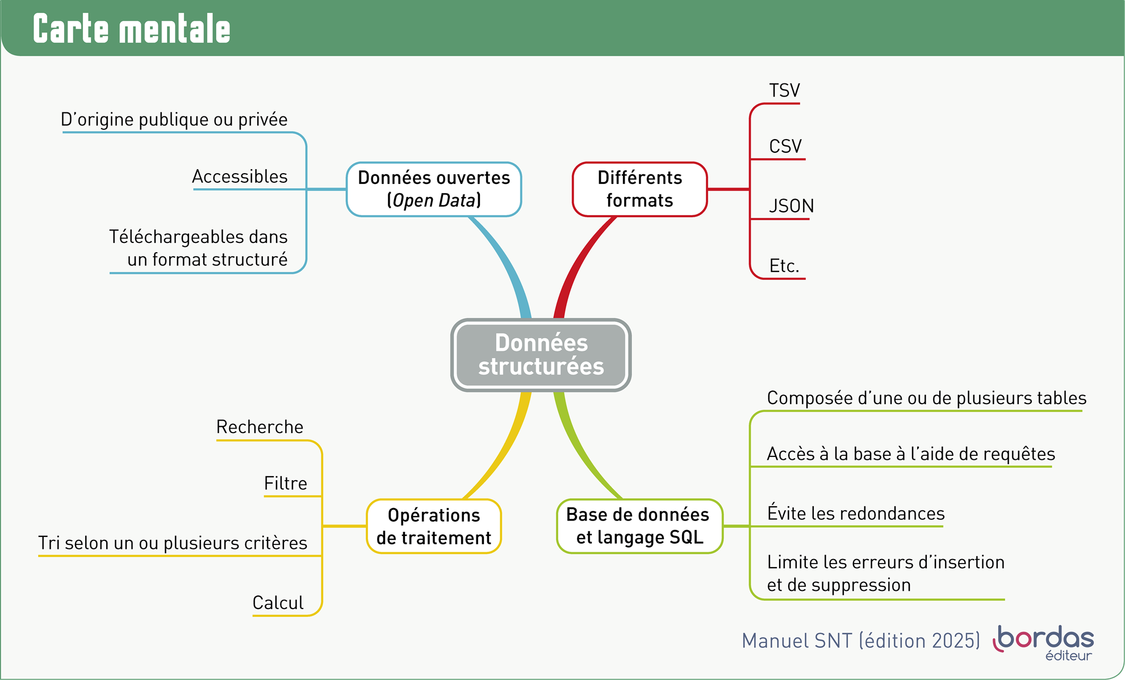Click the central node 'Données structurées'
pyautogui.click(x=541, y=355)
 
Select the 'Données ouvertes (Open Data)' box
pyautogui.click(x=434, y=189)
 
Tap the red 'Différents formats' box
pyautogui.click(x=639, y=189)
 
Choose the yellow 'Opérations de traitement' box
pyautogui.click(x=434, y=526)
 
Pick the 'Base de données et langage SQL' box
pyautogui.click(x=639, y=526)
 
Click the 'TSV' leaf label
pyautogui.click(x=784, y=91)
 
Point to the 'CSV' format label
pyautogui.click(x=785, y=146)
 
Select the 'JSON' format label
pyautogui.click(x=791, y=205)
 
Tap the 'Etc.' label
pyautogui.click(x=784, y=266)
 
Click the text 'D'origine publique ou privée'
pyautogui.click(x=174, y=120)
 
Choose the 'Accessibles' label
pyautogui.click(x=240, y=177)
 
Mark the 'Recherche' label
pyautogui.click(x=260, y=427)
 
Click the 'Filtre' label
pyautogui.click(x=286, y=484)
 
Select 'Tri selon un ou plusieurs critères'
pyautogui.click(x=173, y=543)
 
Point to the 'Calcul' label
pyautogui.click(x=278, y=603)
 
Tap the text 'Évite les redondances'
pyautogui.click(x=856, y=514)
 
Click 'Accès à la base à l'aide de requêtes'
pyautogui.click(x=911, y=454)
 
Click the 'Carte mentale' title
pyautogui.click(x=132, y=29)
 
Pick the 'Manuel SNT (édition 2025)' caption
pyautogui.click(x=861, y=641)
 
